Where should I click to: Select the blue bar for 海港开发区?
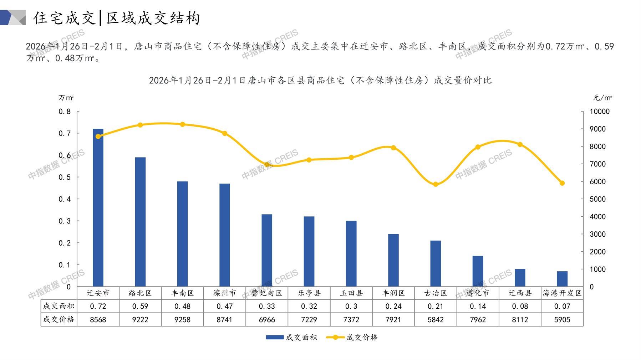pyautogui.click(x=562, y=279)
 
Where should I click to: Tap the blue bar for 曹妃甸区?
pyautogui.click(x=267, y=251)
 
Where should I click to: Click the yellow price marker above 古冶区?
pyautogui.click(x=436, y=184)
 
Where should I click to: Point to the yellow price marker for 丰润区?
pyautogui.click(x=393, y=148)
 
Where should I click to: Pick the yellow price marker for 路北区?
pyautogui.click(x=140, y=125)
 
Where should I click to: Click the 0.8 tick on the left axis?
pyautogui.click(x=65, y=112)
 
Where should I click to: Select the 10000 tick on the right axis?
pyautogui.click(x=600, y=112)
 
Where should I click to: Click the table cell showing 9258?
pyautogui.click(x=182, y=320)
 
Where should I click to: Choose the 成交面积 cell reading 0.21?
pyautogui.click(x=436, y=306)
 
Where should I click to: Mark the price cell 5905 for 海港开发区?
pyautogui.click(x=562, y=320)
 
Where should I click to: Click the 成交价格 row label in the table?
pyautogui.click(x=59, y=319)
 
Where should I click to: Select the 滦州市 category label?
pyautogui.click(x=224, y=293)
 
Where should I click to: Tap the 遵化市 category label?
pyautogui.click(x=478, y=293)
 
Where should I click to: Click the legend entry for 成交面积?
pyautogui.click(x=292, y=337)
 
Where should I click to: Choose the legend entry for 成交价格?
pyautogui.click(x=352, y=337)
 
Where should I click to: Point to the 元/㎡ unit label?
pyautogui.click(x=602, y=98)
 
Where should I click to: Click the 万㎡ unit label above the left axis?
pyautogui.click(x=66, y=98)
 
